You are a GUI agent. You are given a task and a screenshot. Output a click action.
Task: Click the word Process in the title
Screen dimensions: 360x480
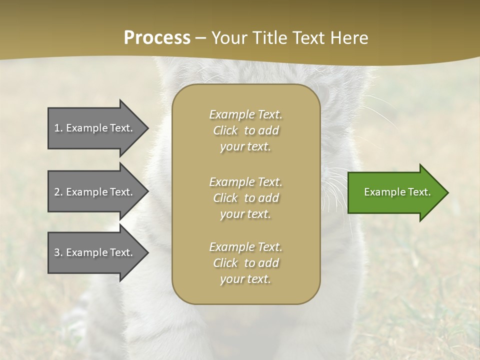point(157,38)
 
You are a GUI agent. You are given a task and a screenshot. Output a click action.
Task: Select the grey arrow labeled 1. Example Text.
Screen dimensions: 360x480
point(95,128)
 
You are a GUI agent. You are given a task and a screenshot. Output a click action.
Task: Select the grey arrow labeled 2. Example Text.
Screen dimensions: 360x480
point(95,192)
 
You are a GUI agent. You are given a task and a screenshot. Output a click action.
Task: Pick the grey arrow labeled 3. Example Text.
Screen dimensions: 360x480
point(95,252)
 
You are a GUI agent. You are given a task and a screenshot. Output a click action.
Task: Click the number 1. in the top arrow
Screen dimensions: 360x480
point(58,128)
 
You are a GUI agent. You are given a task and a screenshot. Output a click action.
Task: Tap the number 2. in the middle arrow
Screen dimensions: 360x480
point(58,192)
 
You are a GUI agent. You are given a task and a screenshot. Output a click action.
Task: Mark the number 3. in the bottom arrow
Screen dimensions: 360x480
point(58,252)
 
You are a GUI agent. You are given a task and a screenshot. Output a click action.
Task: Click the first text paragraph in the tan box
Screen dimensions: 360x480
point(245,130)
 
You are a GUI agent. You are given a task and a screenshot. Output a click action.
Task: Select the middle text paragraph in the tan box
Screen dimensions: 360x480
point(245,198)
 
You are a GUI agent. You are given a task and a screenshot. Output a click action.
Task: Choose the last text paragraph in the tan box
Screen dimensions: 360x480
point(245,263)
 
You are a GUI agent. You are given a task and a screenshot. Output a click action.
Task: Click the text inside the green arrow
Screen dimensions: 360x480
point(397,192)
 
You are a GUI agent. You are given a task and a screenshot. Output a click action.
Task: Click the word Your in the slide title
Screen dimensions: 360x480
point(227,38)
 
